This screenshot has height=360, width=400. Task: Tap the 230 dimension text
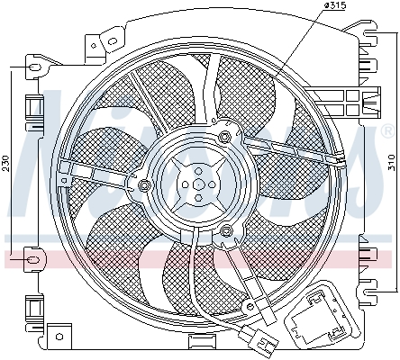click(x=6, y=163)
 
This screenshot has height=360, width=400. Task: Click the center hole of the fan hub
click(x=195, y=184)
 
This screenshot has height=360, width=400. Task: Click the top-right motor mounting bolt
click(x=223, y=137)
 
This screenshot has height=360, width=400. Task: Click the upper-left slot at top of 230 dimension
click(x=35, y=67)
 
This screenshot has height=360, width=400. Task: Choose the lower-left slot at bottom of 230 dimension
click(x=35, y=260)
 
